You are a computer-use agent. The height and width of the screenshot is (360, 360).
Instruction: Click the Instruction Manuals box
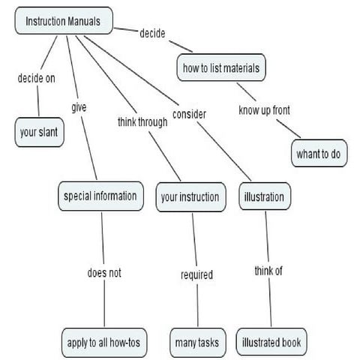coord(64,21)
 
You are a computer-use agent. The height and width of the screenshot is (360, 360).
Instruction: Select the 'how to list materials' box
coord(221,67)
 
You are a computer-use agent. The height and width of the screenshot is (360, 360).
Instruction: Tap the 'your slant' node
coord(39,132)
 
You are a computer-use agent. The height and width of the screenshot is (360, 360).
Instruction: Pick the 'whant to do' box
coord(319,153)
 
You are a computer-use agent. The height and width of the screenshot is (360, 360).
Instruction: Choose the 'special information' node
coord(100,196)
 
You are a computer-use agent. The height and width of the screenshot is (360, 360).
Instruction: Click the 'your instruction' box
coord(190,197)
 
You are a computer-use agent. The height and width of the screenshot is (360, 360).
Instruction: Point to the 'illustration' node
coord(265,196)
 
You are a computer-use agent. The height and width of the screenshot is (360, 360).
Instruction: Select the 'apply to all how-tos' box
coord(104,343)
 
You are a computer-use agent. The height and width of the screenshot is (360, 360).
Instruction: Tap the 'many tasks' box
coord(198,343)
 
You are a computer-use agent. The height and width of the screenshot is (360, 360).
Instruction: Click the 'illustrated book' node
coord(271,342)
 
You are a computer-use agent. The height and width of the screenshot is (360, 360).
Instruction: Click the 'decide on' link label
coord(37,78)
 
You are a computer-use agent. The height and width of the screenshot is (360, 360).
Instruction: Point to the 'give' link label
coord(79,107)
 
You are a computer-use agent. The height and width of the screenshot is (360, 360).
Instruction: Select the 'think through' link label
coord(142,122)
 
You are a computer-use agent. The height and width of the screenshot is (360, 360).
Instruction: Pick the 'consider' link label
coord(189,114)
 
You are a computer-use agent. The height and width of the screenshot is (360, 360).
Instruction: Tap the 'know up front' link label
coord(264,110)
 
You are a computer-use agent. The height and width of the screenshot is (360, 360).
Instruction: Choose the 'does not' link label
coord(104,273)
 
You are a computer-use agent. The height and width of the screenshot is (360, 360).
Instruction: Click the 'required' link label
coord(196,274)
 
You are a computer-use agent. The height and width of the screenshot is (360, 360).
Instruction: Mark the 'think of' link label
coord(268,271)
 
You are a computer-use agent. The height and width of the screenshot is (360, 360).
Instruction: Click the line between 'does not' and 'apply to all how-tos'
coord(104,304)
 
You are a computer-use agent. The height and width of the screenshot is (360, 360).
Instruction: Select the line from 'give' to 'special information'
coord(89,148)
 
